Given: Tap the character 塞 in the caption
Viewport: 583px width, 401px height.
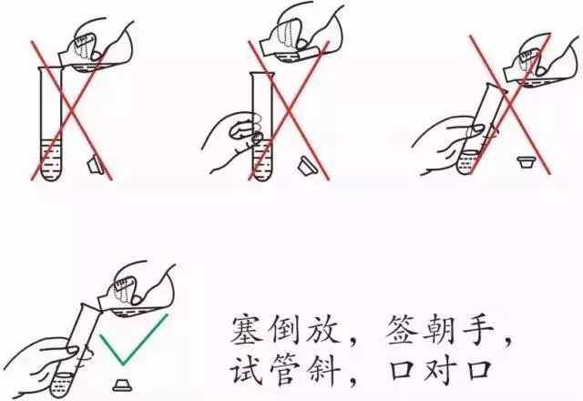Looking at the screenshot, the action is pyautogui.click(x=248, y=330).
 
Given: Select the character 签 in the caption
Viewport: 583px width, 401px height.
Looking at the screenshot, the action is pyautogui.click(x=402, y=330).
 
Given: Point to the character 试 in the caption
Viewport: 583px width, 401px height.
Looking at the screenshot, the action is pyautogui.click(x=247, y=368).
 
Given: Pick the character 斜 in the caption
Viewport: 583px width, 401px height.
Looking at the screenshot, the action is pyautogui.click(x=324, y=368).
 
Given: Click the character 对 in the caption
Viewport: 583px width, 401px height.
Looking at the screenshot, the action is pyautogui.click(x=440, y=368).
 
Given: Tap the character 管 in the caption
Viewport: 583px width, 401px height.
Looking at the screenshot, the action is pyautogui.click(x=285, y=368).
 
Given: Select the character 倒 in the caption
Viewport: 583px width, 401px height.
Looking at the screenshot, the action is pyautogui.click(x=286, y=330).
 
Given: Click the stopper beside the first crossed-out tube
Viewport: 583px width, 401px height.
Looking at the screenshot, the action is pyautogui.click(x=97, y=165).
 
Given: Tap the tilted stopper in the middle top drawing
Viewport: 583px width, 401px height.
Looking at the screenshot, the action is pyautogui.click(x=308, y=166).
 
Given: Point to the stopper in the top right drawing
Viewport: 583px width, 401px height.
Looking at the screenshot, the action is pyautogui.click(x=527, y=162).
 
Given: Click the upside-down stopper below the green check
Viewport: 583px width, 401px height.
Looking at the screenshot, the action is pyautogui.click(x=122, y=385).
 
